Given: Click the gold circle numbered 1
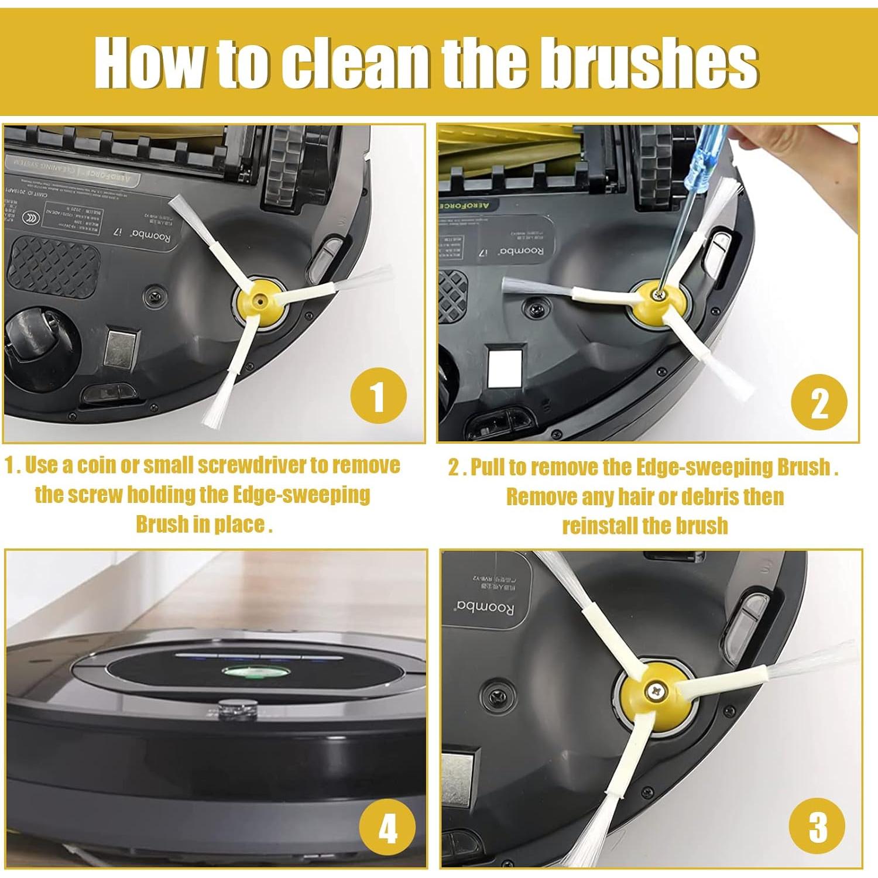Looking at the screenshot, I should (x=378, y=396).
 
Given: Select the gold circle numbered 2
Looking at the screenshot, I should (x=819, y=403).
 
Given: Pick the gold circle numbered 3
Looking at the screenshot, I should (x=817, y=826).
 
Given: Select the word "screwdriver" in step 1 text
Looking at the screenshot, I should (x=251, y=465).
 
